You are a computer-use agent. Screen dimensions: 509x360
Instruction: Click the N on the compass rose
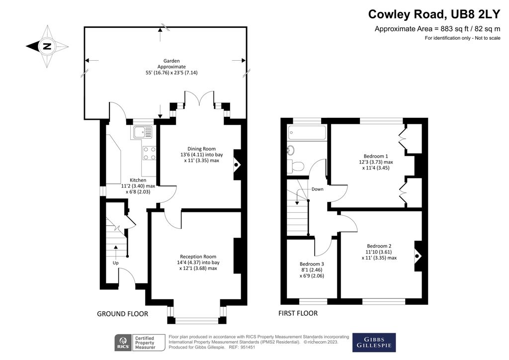[47, 46]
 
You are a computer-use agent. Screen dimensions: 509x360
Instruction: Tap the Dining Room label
[201, 149]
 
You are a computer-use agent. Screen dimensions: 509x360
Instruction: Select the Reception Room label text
[198, 257]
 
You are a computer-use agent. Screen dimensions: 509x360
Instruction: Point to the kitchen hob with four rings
[149, 153]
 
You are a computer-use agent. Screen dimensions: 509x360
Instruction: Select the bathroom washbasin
[291, 150]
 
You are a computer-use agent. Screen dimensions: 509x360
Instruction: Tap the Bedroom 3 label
[312, 264]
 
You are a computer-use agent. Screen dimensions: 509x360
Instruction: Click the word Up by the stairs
[115, 263]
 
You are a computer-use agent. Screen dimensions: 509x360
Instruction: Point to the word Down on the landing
[317, 189]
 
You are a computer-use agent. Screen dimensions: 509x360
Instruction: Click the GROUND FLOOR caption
[122, 314]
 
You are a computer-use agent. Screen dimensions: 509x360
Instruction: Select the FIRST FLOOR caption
[298, 313]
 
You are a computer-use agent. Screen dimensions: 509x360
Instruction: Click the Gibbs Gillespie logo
[374, 343]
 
